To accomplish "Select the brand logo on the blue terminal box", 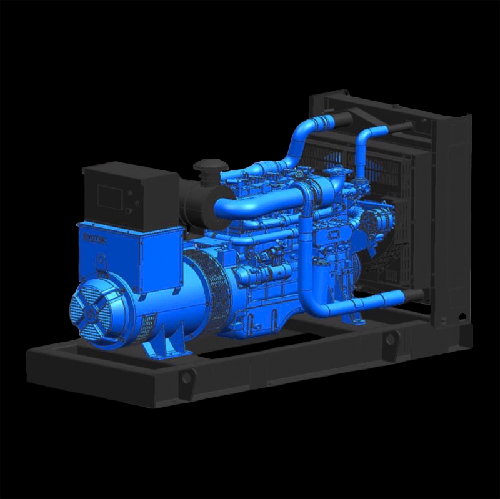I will point(94,238).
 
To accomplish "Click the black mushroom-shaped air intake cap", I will point(206,167).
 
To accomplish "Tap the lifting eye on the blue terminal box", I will point(101,261).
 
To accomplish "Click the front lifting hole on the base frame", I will point(186,377).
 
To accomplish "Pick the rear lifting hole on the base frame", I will point(391,340).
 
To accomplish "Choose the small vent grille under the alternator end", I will point(148,325).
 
